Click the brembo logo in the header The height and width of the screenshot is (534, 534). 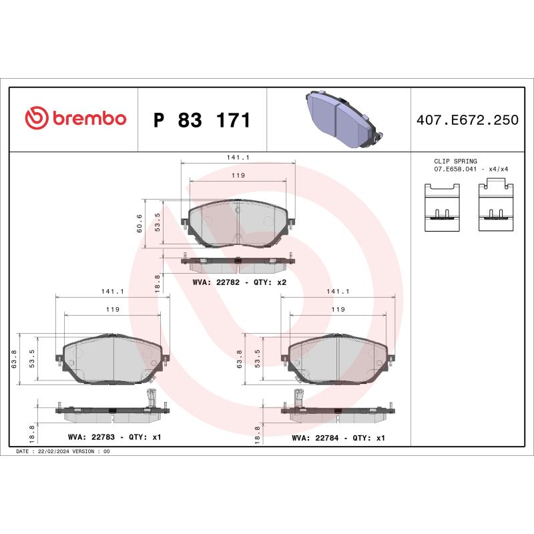[x=75, y=119]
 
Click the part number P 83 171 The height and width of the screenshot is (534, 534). [x=202, y=121]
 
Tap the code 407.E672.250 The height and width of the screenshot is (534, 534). [x=467, y=121]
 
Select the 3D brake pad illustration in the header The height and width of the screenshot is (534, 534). [x=341, y=119]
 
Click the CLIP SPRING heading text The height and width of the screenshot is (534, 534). [x=455, y=162]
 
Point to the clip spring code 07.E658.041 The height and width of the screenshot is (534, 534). [x=459, y=170]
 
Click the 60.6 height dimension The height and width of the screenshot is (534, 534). [x=140, y=223]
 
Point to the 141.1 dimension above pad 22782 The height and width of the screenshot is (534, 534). [x=238, y=158]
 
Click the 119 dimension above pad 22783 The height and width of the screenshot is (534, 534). [x=112, y=309]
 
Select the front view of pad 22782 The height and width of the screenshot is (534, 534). [x=238, y=224]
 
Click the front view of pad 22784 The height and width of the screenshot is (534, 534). [x=338, y=358]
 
